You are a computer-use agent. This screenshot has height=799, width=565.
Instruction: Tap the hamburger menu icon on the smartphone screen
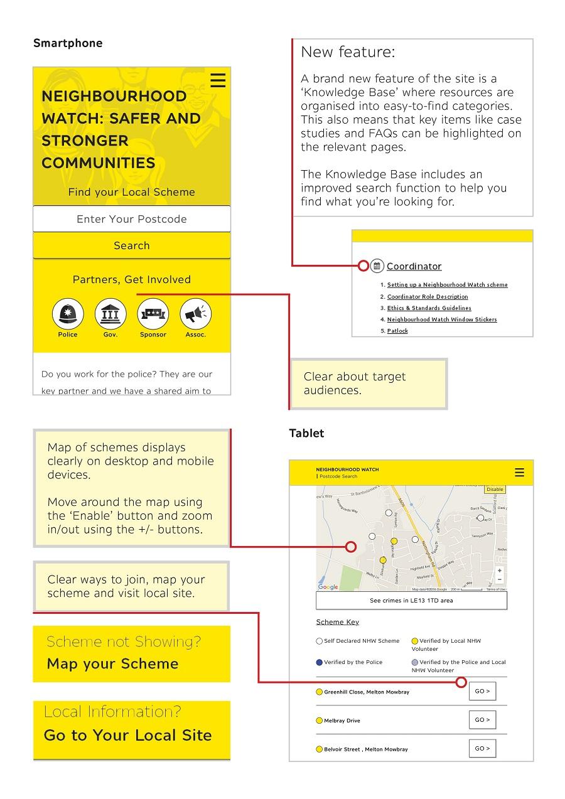tap(218, 80)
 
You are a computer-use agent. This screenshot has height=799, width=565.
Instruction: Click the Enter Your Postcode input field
tap(132, 219)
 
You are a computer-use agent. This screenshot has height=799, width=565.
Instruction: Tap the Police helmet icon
tap(68, 314)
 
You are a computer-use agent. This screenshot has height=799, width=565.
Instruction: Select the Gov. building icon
tap(110, 314)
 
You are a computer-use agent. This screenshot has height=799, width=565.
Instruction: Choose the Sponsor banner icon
tap(153, 314)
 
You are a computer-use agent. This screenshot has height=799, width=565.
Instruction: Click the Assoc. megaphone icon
tap(196, 314)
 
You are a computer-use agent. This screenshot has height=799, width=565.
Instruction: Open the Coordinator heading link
tap(414, 266)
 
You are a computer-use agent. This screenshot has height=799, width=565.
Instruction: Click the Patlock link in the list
tap(397, 331)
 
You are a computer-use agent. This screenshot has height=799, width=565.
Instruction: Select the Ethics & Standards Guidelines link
tap(429, 308)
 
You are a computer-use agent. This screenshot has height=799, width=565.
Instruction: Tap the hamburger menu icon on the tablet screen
tap(519, 473)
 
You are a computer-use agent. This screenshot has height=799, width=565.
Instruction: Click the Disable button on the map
tap(495, 490)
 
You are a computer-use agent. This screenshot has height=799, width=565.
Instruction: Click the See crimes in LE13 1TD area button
tap(411, 601)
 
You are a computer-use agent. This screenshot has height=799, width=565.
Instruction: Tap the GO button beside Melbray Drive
tap(482, 720)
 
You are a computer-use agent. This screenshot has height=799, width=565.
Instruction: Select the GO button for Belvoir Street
tap(482, 748)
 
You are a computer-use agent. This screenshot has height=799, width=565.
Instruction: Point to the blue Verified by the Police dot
tap(319, 662)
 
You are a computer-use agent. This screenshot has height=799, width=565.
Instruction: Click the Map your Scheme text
tap(113, 663)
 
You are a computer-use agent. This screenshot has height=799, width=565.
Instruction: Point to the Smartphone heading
tap(68, 43)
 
